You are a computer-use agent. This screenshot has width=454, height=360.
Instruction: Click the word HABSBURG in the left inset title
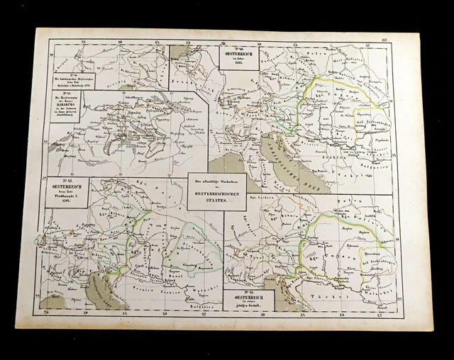click(64, 108)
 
